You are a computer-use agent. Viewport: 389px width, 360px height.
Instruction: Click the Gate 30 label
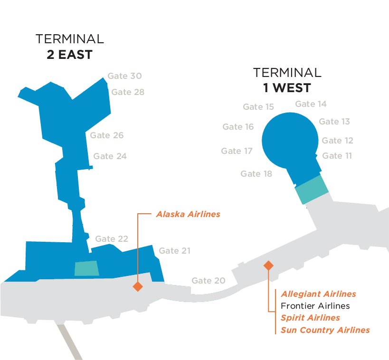(x=124, y=76)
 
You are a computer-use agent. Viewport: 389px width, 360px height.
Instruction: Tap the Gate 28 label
(x=128, y=92)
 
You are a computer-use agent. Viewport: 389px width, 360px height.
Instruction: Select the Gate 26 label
(x=107, y=135)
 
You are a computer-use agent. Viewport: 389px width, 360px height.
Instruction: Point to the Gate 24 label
(x=110, y=156)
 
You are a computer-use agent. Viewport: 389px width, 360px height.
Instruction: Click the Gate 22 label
(x=112, y=239)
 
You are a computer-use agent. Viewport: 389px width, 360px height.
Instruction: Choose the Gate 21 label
(x=175, y=251)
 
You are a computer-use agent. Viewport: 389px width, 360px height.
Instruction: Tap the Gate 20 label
(x=209, y=281)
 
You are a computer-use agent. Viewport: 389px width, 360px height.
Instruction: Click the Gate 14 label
(x=311, y=104)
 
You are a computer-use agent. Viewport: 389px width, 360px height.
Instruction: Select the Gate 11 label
(x=337, y=156)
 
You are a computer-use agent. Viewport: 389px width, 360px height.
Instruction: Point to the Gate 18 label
(x=256, y=174)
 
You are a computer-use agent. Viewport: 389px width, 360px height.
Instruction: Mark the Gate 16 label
(x=238, y=127)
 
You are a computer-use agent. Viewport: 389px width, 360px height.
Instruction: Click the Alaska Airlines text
(x=188, y=214)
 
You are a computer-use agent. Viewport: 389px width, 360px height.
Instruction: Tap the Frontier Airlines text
(x=315, y=306)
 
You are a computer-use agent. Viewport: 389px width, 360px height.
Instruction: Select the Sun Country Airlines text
(x=325, y=330)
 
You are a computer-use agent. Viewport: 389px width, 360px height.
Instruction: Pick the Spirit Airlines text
(x=310, y=318)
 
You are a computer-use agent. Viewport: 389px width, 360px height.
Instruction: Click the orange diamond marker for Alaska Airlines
(x=138, y=286)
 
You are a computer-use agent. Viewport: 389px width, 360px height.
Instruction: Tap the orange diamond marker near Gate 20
(x=268, y=265)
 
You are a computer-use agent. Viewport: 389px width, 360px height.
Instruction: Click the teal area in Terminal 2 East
(x=87, y=268)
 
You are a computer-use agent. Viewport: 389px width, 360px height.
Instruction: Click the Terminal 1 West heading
(x=287, y=80)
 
